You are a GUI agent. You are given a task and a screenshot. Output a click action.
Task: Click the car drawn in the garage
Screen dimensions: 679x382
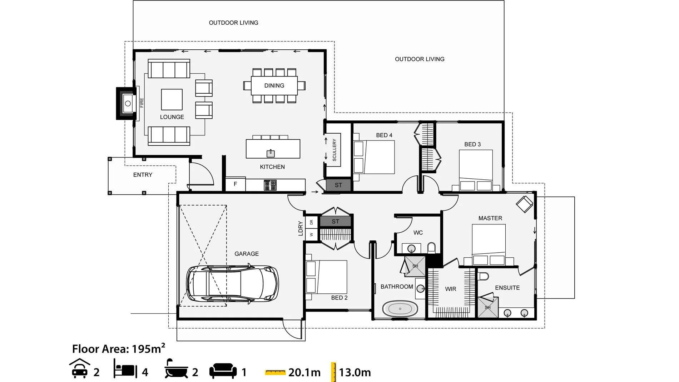click(232, 284)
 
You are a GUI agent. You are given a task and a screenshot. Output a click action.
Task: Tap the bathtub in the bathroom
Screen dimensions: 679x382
click(400, 308)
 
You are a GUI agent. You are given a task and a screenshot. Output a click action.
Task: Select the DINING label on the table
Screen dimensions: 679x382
click(274, 85)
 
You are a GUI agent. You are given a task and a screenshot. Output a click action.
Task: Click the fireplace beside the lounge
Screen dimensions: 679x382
click(126, 103)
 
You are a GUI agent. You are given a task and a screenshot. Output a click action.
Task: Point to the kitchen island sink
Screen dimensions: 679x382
click(271, 153)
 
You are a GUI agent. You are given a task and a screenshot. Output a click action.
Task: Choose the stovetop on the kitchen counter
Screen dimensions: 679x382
click(270, 185)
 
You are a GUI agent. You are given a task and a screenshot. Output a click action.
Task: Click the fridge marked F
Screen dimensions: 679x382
click(235, 184)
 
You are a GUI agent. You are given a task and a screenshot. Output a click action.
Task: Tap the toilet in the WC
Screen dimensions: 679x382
click(431, 248)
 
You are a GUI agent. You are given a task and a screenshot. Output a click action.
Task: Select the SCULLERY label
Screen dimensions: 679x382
click(334, 150)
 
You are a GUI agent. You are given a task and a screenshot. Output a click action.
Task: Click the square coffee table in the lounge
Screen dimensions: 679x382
click(172, 99)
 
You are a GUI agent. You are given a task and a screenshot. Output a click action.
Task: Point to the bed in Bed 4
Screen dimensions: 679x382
click(374, 157)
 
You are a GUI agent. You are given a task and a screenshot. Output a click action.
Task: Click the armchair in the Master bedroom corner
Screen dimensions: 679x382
click(524, 204)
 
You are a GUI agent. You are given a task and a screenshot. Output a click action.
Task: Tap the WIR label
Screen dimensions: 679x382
click(450, 289)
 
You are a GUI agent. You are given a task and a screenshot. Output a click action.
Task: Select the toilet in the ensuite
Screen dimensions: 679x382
click(483, 276)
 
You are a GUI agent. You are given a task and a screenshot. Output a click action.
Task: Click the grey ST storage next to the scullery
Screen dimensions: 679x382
click(338, 185)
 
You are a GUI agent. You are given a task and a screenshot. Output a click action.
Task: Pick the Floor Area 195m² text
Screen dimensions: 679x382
click(119, 348)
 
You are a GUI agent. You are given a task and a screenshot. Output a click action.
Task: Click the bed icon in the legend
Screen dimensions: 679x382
click(125, 369)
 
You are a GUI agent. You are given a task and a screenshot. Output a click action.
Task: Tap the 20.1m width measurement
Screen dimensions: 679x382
click(304, 372)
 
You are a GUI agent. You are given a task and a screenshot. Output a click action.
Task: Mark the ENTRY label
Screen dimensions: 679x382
click(143, 175)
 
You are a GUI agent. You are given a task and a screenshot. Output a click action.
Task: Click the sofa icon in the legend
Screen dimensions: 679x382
click(223, 371)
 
